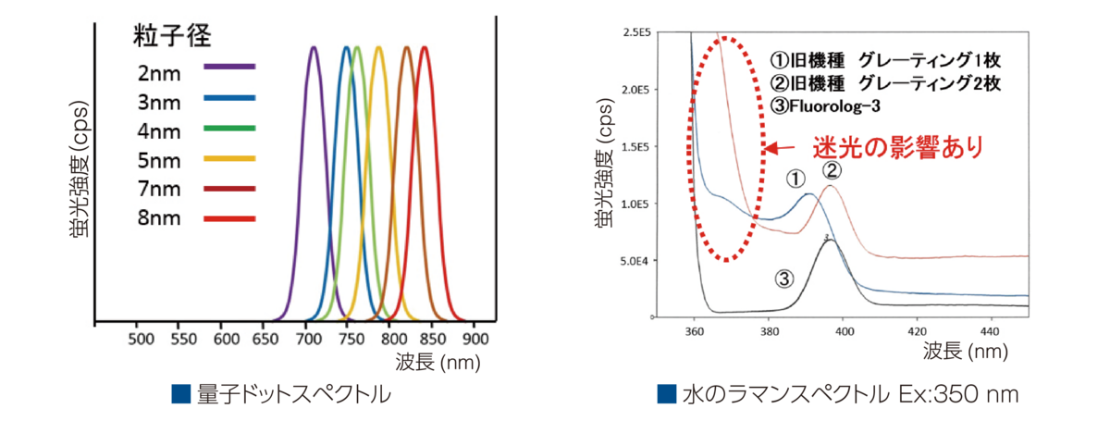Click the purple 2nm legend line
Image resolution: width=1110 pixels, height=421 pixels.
229,66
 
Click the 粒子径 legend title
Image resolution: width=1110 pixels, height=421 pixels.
169,38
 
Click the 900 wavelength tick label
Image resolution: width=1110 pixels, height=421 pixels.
474,340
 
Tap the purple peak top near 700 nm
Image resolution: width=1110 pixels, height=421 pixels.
314,49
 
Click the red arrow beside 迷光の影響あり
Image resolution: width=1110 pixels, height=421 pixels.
781,149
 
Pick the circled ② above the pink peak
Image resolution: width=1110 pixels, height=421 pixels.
831,169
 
